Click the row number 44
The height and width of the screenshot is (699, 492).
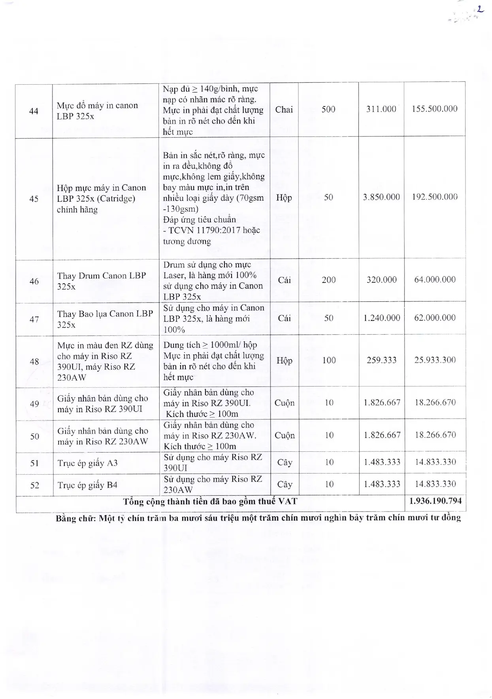[34, 111]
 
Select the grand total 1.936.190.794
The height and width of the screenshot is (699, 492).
[435, 501]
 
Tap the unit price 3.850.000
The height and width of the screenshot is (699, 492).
[381, 197]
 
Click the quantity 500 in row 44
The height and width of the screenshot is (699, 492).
[328, 109]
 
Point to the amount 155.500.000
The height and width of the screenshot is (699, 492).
[435, 109]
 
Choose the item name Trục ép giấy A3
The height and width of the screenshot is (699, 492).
[87, 463]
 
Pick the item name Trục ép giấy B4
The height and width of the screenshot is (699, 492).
[87, 485]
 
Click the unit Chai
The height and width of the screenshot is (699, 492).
[284, 110]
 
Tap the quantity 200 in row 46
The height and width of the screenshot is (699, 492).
[328, 280]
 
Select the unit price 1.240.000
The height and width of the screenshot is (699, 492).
[382, 318]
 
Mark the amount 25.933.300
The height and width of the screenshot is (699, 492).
[435, 360]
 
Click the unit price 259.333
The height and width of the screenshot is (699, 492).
[381, 360]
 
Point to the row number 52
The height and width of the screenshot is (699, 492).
[35, 485]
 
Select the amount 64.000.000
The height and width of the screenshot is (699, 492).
[435, 280]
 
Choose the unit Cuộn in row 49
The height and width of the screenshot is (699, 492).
[285, 403]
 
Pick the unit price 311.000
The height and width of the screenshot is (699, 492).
[381, 109]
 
